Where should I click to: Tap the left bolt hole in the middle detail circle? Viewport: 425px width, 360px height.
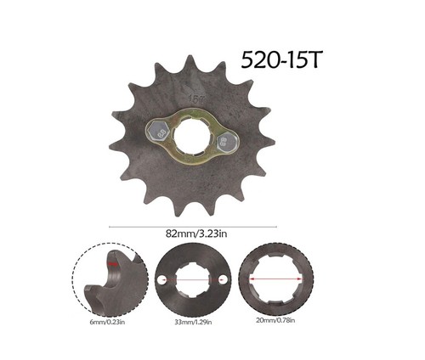point(161,281)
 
